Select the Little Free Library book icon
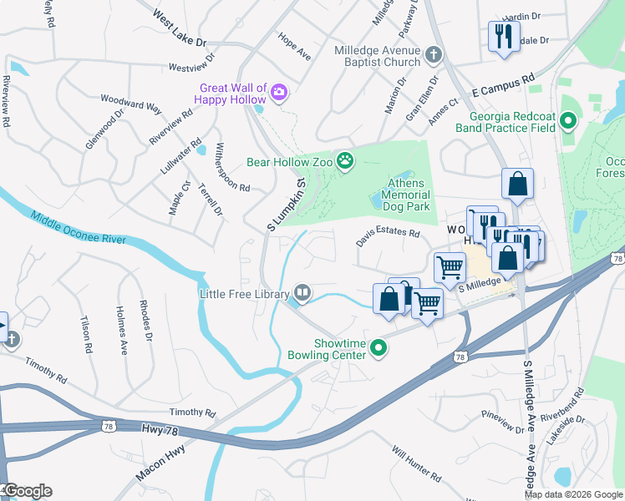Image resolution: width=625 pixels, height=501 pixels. pyautogui.click(x=302, y=293)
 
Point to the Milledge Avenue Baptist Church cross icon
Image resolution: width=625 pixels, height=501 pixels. pyautogui.click(x=433, y=56)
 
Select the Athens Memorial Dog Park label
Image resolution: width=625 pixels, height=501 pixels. pyautogui.click(x=405, y=195)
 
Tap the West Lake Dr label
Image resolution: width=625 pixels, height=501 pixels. pyautogui.click(x=180, y=28)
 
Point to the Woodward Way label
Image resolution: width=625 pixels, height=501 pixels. pyautogui.click(x=131, y=103)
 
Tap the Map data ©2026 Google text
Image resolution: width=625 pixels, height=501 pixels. pyautogui.click(x=573, y=493)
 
